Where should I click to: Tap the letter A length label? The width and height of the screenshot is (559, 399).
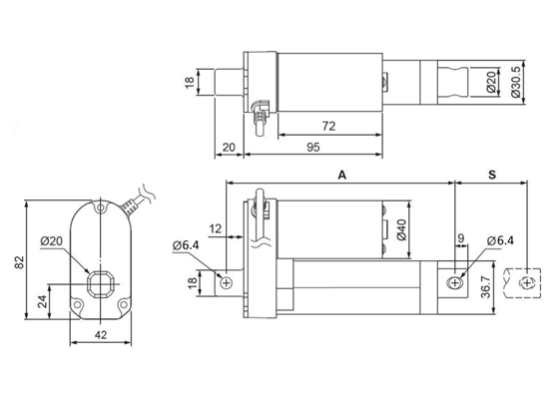pos(341,174)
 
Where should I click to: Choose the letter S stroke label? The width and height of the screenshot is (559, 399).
pos(491,174)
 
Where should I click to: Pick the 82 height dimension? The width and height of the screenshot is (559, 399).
pos(17,261)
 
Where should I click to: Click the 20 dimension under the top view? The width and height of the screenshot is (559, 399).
pos(229,148)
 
